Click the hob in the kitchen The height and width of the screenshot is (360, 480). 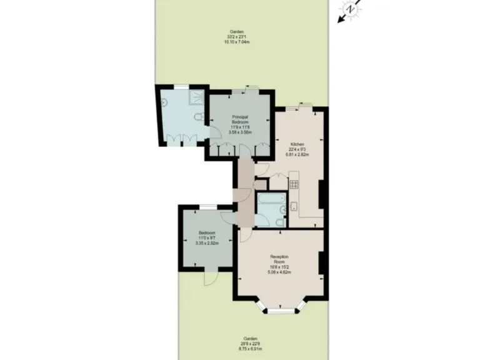[294, 184]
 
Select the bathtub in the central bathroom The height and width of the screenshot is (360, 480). [271, 204]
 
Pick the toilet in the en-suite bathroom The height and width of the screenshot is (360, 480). [198, 117]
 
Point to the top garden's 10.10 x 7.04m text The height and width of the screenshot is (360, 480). [236, 41]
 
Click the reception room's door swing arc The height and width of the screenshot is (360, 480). [245, 233]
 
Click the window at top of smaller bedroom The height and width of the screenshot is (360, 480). [207, 206]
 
